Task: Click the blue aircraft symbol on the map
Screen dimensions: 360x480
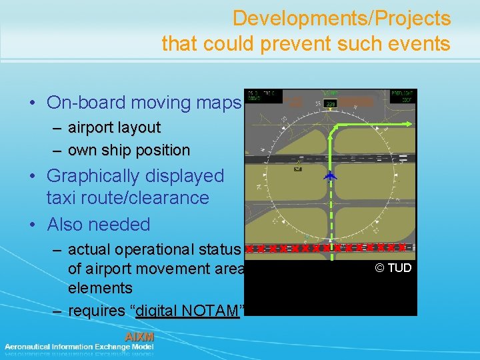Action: (x=330, y=177)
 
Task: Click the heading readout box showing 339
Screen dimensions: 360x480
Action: (x=331, y=103)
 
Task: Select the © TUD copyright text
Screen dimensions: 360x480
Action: (x=393, y=268)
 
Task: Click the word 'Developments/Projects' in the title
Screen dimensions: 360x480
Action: (x=341, y=18)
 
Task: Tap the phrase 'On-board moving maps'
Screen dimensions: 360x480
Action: (x=143, y=103)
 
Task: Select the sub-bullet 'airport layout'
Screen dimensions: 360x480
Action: (x=114, y=127)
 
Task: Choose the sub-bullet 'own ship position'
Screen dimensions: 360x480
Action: (x=129, y=150)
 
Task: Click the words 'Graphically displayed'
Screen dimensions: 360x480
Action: (x=135, y=176)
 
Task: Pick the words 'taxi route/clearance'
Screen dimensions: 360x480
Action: (x=127, y=198)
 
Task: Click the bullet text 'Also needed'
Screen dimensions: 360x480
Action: (x=99, y=224)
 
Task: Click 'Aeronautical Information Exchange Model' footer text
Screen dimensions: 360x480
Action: (x=79, y=347)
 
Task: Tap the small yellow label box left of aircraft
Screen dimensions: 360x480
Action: (x=297, y=169)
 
